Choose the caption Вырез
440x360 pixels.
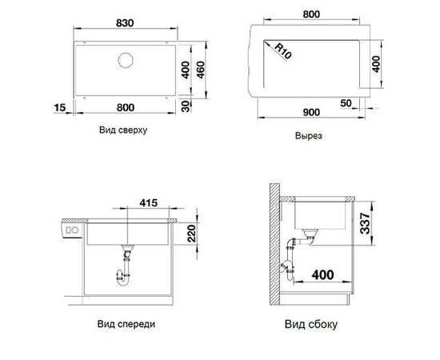[x=308, y=136]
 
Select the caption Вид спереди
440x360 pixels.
[x=130, y=326]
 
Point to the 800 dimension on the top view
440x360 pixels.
[x=126, y=106]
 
